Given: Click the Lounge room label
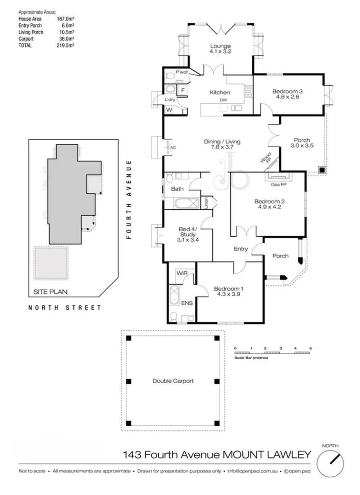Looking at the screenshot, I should [220, 46].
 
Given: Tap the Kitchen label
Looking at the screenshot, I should [220, 93].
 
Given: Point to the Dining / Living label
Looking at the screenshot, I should [222, 142].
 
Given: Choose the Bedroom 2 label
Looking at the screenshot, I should [270, 201].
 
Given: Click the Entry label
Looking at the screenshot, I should [241, 249].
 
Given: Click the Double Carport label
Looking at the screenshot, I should [173, 381].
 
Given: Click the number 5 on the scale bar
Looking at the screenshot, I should [310, 349].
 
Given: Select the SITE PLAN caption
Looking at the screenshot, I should [48, 291].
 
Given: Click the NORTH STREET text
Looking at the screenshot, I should [65, 308].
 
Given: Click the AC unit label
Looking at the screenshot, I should [173, 148].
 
